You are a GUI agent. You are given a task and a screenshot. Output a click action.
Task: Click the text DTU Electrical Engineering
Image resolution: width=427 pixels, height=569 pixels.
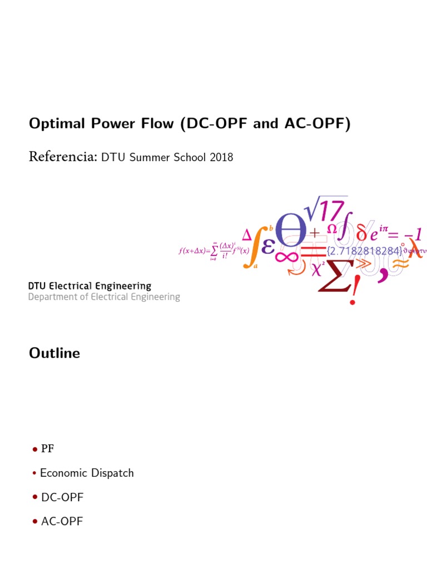click(90, 286)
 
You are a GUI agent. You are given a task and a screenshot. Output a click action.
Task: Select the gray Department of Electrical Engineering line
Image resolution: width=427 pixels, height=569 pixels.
click(104, 297)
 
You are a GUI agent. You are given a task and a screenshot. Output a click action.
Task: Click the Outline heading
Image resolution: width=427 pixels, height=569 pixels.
click(54, 353)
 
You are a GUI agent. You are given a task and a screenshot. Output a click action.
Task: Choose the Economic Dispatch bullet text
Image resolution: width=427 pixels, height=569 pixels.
click(87, 473)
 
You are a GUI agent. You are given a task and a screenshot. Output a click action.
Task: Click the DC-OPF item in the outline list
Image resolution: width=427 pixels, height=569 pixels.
click(62, 498)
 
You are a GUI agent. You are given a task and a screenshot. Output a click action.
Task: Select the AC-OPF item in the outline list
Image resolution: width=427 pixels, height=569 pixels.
click(62, 522)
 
